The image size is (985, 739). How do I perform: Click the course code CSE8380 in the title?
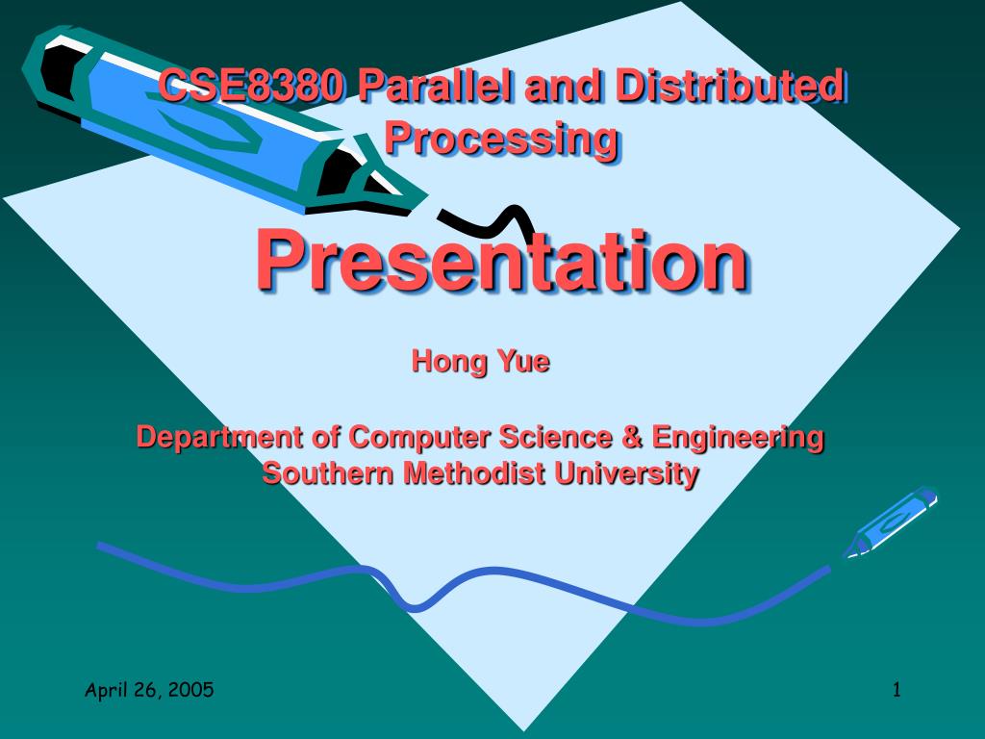252,89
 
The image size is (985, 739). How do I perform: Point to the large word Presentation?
501,262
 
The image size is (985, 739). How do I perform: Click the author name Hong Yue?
480,362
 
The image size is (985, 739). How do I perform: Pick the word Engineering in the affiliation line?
738,438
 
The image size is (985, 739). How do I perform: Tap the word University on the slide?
628,473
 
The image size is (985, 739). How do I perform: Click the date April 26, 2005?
149,689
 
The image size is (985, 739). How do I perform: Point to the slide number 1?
897,689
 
